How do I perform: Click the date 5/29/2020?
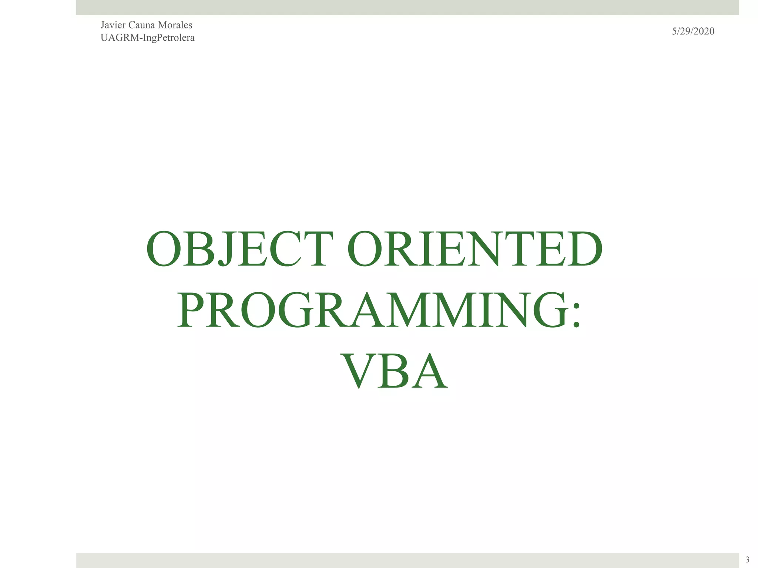[693, 31]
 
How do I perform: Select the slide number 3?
[747, 559]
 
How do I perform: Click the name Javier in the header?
[113, 25]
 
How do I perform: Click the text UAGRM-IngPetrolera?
[147, 38]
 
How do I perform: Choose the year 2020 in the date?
[704, 31]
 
